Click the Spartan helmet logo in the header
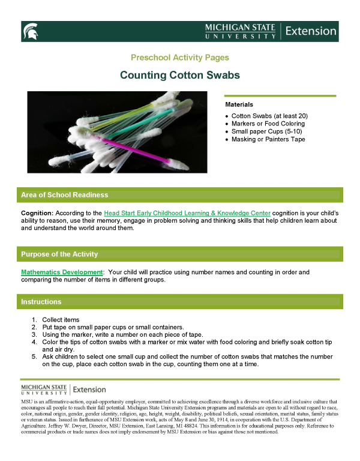tap(31, 31)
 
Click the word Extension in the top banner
tap(310, 31)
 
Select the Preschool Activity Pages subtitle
tap(179, 58)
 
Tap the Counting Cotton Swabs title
tap(179, 75)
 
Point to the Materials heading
tap(239, 104)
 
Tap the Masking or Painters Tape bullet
tap(268, 139)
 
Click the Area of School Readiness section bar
tap(179, 195)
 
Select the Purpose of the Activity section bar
tap(179, 254)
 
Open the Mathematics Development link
tap(62, 272)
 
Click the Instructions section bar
tap(179, 301)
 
